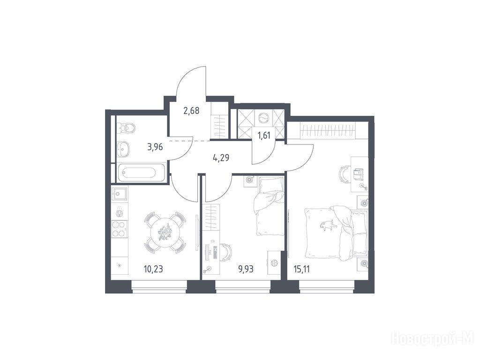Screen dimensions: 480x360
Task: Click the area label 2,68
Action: (x=191, y=111)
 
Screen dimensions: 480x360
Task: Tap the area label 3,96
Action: (x=155, y=147)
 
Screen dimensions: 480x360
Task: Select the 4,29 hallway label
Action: (x=221, y=158)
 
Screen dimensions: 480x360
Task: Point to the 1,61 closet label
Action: (x=264, y=135)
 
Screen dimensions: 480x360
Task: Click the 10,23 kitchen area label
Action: (x=153, y=270)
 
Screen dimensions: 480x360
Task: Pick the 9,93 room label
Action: (x=246, y=270)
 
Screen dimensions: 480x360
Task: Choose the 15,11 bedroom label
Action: (x=302, y=270)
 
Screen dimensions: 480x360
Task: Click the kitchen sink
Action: (x=120, y=194)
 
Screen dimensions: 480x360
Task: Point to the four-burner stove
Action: (x=120, y=229)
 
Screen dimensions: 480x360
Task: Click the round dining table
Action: (x=165, y=232)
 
